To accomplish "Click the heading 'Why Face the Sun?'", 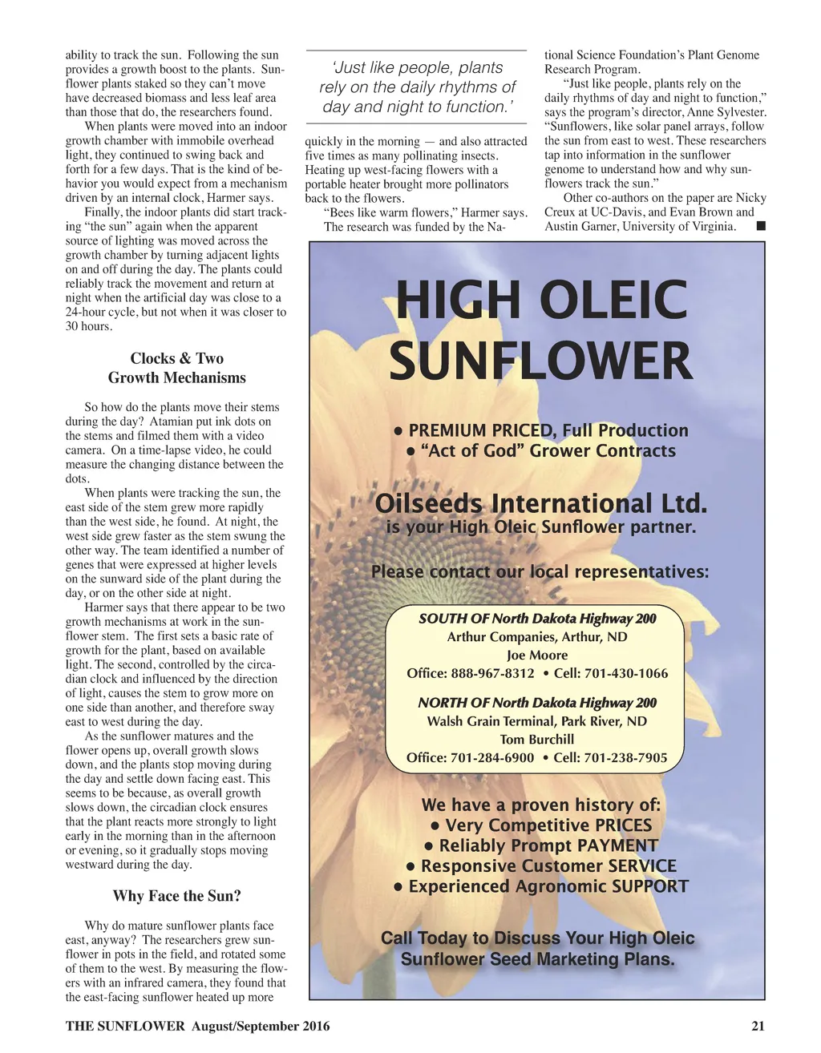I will coord(176,896).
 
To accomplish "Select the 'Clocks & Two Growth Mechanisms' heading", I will coord(176,368).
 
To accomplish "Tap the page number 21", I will coord(758,1026).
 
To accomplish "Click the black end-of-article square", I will coord(760,226).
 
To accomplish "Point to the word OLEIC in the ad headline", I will coord(614,300).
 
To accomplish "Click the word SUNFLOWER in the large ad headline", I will coord(540,361).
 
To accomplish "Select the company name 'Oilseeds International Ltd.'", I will coord(541,504).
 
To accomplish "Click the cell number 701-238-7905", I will coord(625,757).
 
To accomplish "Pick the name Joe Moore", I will coord(536,655).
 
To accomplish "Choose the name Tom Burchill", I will coord(536,739).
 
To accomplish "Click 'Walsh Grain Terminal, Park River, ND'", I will coord(536,720).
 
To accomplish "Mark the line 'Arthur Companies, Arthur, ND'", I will coord(536,636).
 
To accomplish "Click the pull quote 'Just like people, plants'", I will coord(417,67).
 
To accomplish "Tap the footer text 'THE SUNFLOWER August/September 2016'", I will coord(197,1026).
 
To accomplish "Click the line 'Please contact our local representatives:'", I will coord(540,571).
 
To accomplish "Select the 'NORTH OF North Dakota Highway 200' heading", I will coord(536,703).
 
